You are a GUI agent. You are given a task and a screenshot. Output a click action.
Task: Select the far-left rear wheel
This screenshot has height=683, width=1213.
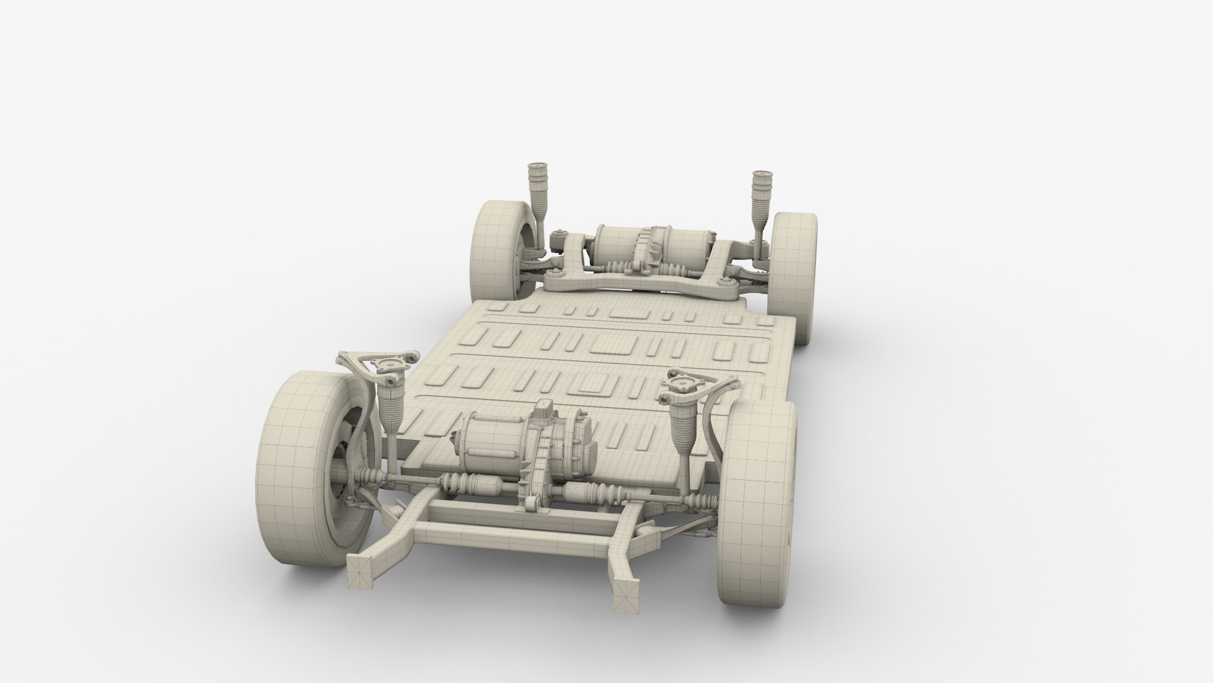(499, 253)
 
